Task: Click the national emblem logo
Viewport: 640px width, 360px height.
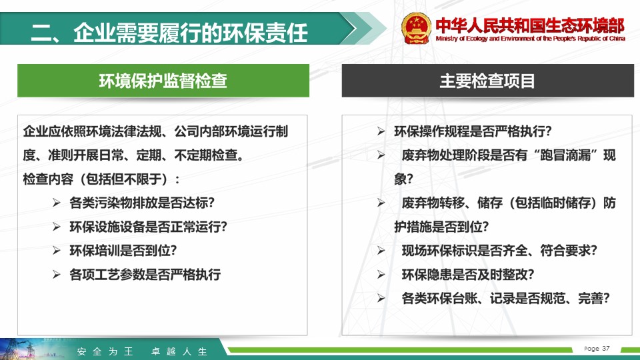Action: click(416, 28)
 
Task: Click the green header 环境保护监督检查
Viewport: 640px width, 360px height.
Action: click(163, 81)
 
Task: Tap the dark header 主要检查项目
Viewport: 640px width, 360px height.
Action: click(488, 81)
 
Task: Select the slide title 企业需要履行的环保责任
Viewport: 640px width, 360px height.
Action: click(190, 33)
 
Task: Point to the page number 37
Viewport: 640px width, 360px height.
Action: click(606, 348)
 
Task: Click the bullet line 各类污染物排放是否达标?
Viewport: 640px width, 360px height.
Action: click(142, 203)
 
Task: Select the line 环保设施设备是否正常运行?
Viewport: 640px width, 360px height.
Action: click(148, 227)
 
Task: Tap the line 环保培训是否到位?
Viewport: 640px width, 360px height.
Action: click(123, 250)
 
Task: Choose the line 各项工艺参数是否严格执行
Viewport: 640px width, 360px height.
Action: click(145, 274)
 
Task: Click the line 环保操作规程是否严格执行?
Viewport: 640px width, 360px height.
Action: click(473, 131)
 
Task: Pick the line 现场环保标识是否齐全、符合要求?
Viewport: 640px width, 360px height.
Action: click(499, 250)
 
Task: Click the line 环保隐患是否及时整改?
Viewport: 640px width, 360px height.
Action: click(468, 274)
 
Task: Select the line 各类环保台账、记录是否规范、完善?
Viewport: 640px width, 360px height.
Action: click(506, 299)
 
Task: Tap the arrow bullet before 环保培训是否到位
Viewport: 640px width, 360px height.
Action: click(56, 250)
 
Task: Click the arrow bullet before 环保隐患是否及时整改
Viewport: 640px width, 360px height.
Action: click(381, 274)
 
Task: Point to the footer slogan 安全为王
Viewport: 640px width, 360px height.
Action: click(105, 351)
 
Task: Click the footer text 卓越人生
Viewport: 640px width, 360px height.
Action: click(179, 351)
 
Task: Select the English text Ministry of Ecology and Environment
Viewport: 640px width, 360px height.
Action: click(485, 39)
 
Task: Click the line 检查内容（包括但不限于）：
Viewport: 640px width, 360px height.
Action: click(101, 179)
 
